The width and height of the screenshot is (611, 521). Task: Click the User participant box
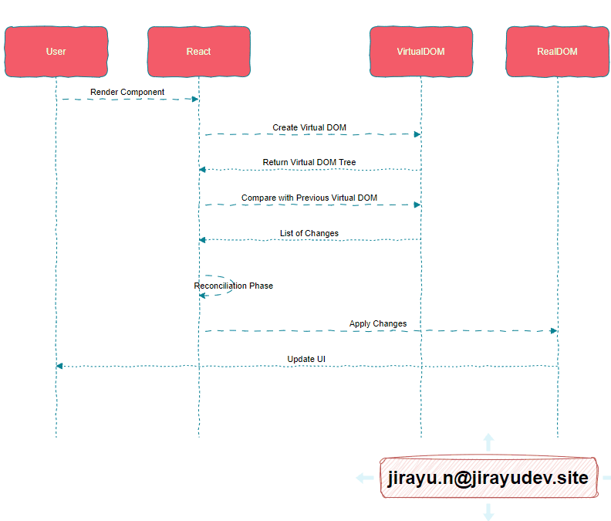coord(56,52)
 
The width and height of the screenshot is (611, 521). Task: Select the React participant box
coord(198,52)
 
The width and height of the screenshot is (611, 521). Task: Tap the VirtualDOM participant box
coord(420,52)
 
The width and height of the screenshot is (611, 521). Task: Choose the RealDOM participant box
coord(557,52)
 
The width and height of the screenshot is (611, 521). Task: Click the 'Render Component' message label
coord(127,92)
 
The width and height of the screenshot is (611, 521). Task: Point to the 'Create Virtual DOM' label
coord(309,127)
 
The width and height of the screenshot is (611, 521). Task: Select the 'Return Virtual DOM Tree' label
coord(309,162)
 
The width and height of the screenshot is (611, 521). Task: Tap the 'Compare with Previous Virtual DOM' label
coord(309,198)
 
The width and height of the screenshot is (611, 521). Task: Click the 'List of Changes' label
coord(309,233)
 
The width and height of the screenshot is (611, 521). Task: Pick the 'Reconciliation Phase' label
coord(234,286)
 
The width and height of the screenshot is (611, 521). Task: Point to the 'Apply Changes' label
coord(378,323)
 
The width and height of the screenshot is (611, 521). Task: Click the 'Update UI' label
coord(306,359)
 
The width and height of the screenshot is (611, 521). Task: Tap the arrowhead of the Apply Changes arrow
coord(553,330)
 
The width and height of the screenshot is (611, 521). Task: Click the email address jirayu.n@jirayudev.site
coord(488,478)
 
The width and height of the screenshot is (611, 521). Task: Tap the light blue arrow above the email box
coord(488,441)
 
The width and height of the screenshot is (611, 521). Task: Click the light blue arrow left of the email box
coord(364,478)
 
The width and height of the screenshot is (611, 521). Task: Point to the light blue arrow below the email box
coord(488,512)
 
